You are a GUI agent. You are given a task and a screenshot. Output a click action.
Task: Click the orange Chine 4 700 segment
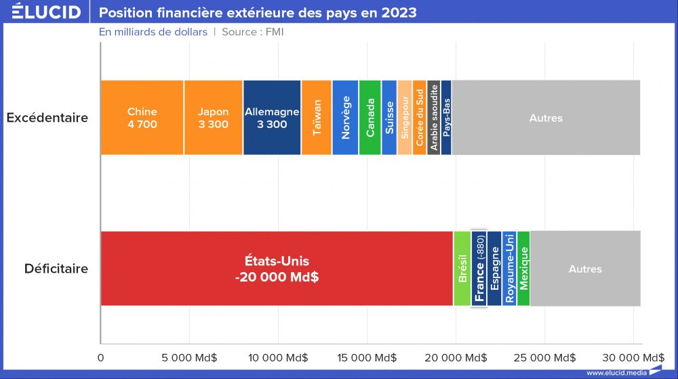click(x=142, y=118)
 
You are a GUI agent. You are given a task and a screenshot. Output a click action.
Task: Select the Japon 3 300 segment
click(x=213, y=118)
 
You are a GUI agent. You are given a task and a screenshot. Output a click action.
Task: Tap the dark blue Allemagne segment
click(x=272, y=118)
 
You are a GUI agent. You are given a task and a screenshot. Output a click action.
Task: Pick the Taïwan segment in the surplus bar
click(x=317, y=118)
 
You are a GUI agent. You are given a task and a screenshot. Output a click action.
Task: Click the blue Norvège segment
click(x=345, y=118)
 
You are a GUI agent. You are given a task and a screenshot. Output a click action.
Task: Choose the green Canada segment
click(x=370, y=118)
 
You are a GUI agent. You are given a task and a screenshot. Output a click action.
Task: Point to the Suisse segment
click(x=389, y=118)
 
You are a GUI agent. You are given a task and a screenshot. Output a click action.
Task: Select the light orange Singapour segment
click(x=405, y=118)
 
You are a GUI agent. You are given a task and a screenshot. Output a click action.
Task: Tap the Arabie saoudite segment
click(x=434, y=118)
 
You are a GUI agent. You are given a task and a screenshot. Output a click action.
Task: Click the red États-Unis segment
click(x=277, y=269)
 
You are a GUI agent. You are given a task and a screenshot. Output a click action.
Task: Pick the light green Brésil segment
click(x=462, y=269)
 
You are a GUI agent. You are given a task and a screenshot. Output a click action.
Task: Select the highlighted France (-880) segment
click(x=479, y=269)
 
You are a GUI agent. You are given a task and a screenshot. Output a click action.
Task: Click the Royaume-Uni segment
click(x=509, y=269)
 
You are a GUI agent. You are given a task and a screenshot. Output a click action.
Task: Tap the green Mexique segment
click(x=523, y=269)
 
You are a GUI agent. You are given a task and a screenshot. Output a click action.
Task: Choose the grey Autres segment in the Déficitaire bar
click(x=585, y=269)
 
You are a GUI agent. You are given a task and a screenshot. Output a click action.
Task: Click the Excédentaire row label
click(x=47, y=118)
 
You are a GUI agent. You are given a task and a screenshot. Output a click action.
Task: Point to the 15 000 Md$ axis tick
click(x=367, y=357)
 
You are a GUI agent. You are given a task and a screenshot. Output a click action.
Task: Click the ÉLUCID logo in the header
click(x=46, y=13)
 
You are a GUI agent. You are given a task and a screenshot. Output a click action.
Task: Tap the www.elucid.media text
click(x=616, y=372)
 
